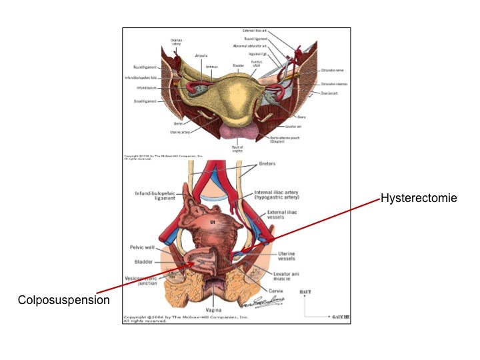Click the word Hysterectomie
click(418, 198)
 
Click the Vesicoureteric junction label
click(141, 280)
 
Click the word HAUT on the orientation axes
click(306, 293)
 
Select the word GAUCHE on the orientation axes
click(340, 316)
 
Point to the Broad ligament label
click(145, 101)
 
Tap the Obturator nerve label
click(332, 69)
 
